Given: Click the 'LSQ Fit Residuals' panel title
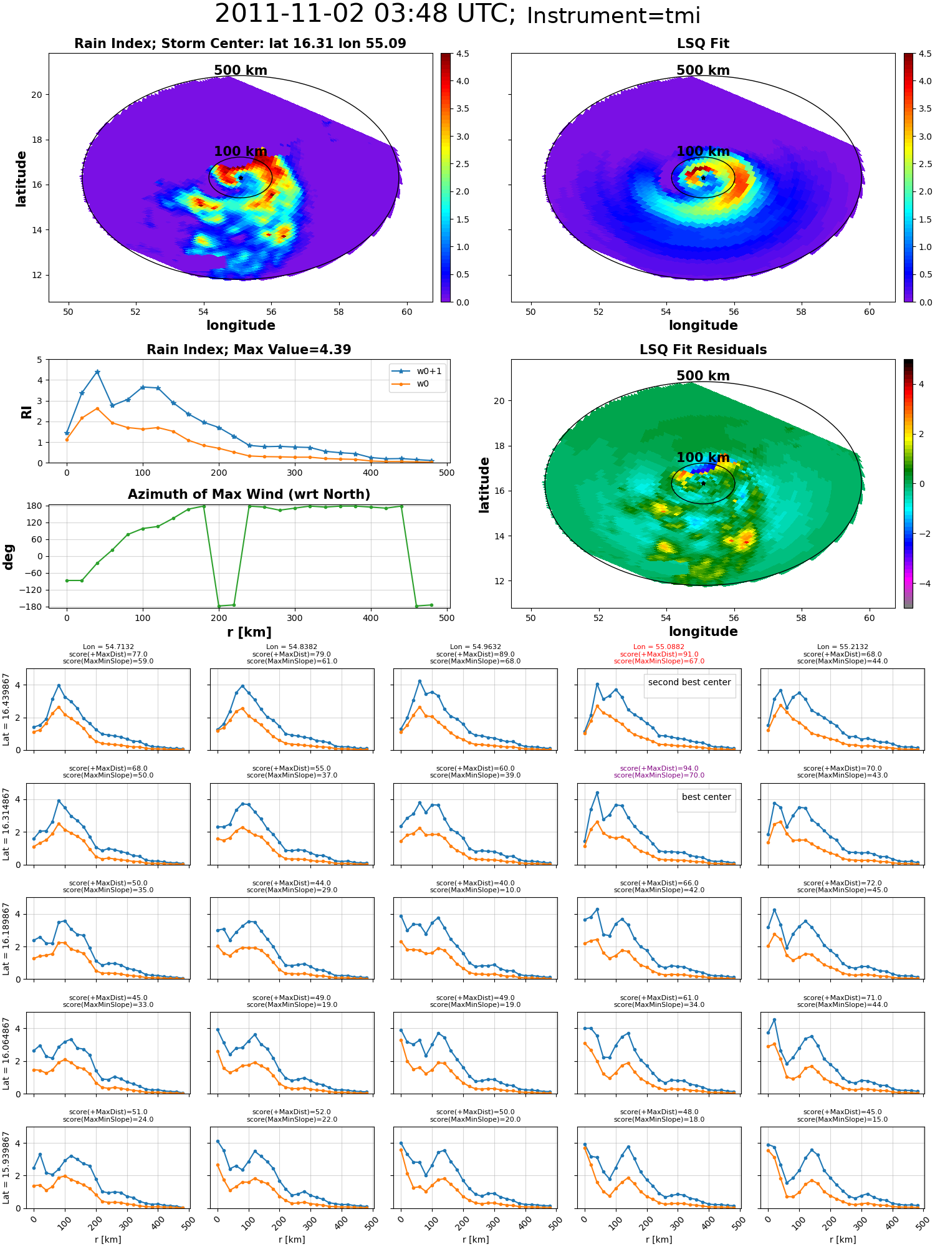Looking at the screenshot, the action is pyautogui.click(x=703, y=350).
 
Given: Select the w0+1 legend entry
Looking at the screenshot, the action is pyautogui.click(x=417, y=371).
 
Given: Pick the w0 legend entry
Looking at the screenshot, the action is pyautogui.click(x=411, y=384).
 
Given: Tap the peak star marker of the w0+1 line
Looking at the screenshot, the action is pyautogui.click(x=97, y=372).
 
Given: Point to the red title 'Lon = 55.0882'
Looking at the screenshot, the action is pyautogui.click(x=659, y=647).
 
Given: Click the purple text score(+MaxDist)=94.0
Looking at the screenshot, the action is pyautogui.click(x=659, y=769).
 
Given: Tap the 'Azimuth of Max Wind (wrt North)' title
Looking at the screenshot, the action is pyautogui.click(x=249, y=494).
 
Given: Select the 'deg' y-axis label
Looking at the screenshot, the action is pyautogui.click(x=9, y=557).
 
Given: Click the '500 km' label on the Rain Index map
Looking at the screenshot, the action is pyautogui.click(x=241, y=70).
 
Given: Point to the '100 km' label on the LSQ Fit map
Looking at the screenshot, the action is pyautogui.click(x=703, y=152).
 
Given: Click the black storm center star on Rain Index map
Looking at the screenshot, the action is pyautogui.click(x=241, y=178).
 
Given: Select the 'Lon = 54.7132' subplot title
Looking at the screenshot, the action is pyautogui.click(x=108, y=647).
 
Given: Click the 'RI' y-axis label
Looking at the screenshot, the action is pyautogui.click(x=27, y=412).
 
